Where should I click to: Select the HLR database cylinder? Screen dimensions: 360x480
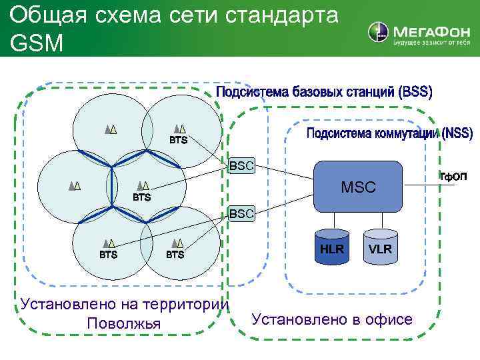pyautogui.click(x=331, y=248)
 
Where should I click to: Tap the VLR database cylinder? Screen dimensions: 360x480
pyautogui.click(x=380, y=248)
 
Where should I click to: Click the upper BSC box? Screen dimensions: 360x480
pyautogui.click(x=241, y=165)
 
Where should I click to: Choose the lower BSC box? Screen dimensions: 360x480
pyautogui.click(x=241, y=213)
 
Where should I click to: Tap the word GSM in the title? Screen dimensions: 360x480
pyautogui.click(x=37, y=43)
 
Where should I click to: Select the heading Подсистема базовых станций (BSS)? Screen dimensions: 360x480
pyautogui.click(x=325, y=93)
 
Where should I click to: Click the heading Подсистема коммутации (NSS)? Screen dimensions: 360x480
pyautogui.click(x=389, y=134)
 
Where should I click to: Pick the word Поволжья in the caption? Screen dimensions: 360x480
pyautogui.click(x=124, y=323)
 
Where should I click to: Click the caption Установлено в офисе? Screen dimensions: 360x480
pyautogui.click(x=332, y=319)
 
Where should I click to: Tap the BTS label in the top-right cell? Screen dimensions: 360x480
pyautogui.click(x=178, y=141)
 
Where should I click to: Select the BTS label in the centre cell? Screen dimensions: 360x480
pyautogui.click(x=141, y=198)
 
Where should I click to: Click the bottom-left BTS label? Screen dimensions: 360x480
pyautogui.click(x=109, y=254)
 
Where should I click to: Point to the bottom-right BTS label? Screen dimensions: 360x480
pyautogui.click(x=175, y=254)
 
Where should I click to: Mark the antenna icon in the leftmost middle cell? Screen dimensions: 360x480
pyautogui.click(x=75, y=187)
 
